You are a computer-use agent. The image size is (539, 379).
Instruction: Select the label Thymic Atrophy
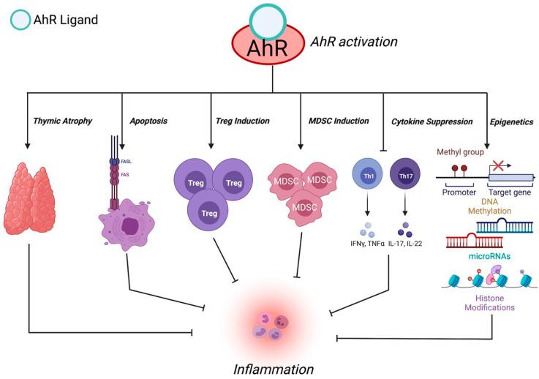pyautogui.click(x=63, y=121)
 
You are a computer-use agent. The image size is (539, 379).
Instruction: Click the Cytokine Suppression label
pyautogui.click(x=431, y=121)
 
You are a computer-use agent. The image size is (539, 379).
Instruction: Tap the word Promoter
pyautogui.click(x=460, y=194)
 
